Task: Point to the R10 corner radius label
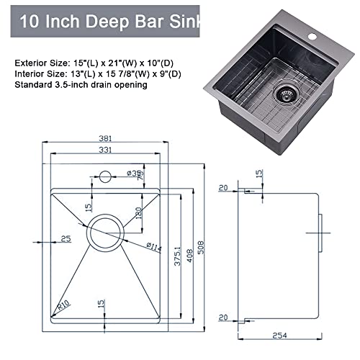(x=63, y=306)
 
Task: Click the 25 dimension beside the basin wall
(x=66, y=238)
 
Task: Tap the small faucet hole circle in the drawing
(x=105, y=175)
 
